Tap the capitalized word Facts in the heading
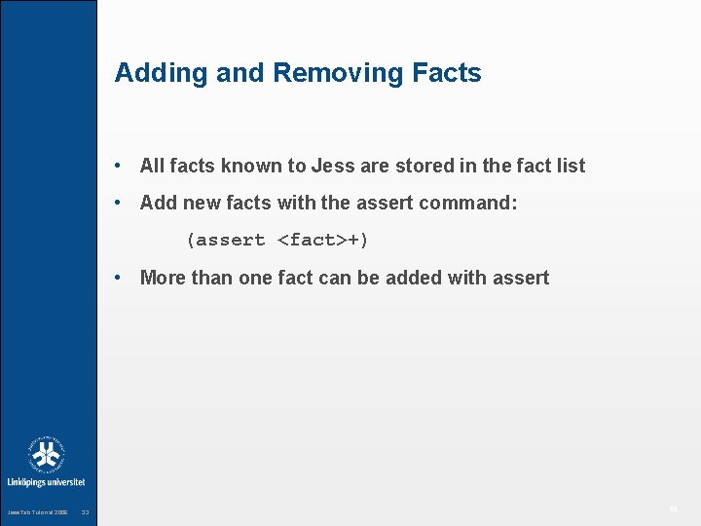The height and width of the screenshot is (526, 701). tap(446, 73)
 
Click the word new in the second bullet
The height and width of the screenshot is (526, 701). tap(199, 203)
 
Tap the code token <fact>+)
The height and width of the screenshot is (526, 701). tap(323, 240)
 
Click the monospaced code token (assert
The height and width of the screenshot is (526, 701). tap(226, 240)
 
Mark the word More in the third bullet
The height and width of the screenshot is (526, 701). tap(163, 278)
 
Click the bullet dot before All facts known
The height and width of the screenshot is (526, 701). tap(117, 166)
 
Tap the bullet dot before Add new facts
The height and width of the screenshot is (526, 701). tap(117, 203)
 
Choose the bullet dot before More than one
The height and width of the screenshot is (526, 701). tap(117, 278)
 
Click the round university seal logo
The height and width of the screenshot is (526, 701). tap(46, 455)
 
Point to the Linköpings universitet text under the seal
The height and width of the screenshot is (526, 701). tap(46, 482)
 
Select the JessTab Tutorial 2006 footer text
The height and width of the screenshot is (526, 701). tap(37, 512)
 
